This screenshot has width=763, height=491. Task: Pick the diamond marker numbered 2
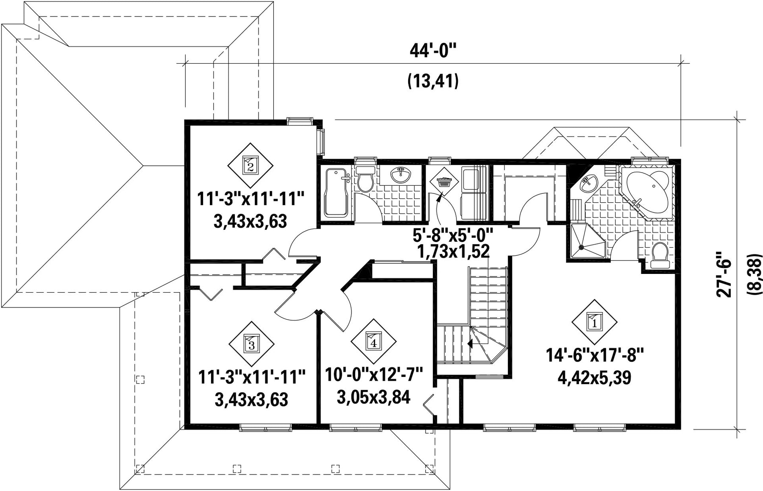coord(250,165)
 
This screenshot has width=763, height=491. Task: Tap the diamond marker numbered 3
coord(251,343)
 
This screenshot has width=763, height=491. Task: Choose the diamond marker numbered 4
coord(373,342)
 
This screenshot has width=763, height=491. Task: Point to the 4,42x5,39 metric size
coord(594,377)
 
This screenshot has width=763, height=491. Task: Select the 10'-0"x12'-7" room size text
coord(374,375)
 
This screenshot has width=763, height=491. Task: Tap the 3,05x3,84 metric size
coord(374,397)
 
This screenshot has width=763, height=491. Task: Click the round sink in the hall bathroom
coord(400,175)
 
